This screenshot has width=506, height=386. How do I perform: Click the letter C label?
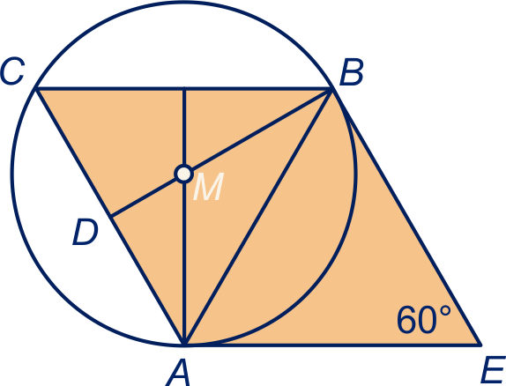tap(12, 71)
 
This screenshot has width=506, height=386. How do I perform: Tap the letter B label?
tap(352, 71)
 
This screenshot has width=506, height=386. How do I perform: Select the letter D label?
tap(86, 232)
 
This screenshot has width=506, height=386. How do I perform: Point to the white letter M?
tap(208, 187)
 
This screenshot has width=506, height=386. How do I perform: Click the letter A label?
tap(177, 373)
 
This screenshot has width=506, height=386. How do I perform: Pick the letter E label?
tap(493, 370)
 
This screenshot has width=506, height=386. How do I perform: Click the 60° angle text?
tap(423, 320)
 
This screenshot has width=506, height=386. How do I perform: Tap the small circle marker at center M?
tap(184, 174)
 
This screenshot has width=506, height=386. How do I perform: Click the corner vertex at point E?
tap(480, 345)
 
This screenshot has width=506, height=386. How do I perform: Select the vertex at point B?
tap(331, 88)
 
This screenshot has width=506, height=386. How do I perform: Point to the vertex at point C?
tap(36, 88)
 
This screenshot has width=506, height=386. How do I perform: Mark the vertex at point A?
tap(184, 345)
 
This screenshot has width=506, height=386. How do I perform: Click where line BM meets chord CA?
tap(111, 216)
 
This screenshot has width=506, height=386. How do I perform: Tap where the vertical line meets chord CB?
tap(184, 88)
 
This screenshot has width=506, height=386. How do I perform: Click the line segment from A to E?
tap(332, 345)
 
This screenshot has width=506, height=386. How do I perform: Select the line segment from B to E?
tap(406, 217)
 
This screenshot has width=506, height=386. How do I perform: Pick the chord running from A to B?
tap(257, 217)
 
